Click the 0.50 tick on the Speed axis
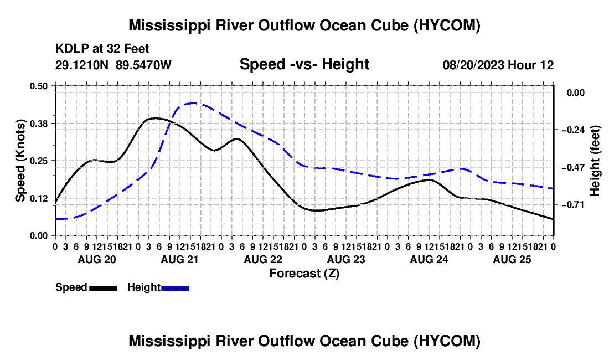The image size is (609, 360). pos(39,86)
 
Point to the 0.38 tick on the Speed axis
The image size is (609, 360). pos(39,124)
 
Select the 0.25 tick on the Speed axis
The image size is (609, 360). pos(39,161)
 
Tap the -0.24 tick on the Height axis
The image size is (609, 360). pos(573,130)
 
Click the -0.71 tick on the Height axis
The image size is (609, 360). pos(573,205)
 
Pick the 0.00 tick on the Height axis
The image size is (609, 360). pos(576,92)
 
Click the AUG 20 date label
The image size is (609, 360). pos(97,259)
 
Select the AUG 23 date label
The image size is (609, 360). pos(346,259)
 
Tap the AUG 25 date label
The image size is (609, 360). pos(512,259)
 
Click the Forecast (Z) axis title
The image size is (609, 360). pos(304,274)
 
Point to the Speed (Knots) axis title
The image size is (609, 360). pos(20,161)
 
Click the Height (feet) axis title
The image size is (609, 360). pos(595,161)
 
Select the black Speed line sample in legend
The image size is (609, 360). pos(104,289)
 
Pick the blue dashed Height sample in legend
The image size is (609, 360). pos(175,289)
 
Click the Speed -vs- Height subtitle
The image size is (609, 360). pos(304,64)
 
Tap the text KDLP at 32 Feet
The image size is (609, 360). pos(102,49)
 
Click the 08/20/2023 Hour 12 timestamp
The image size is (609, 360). pos(498,65)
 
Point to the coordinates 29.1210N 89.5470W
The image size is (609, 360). pos(113,65)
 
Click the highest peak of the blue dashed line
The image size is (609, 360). pos(193,104)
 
